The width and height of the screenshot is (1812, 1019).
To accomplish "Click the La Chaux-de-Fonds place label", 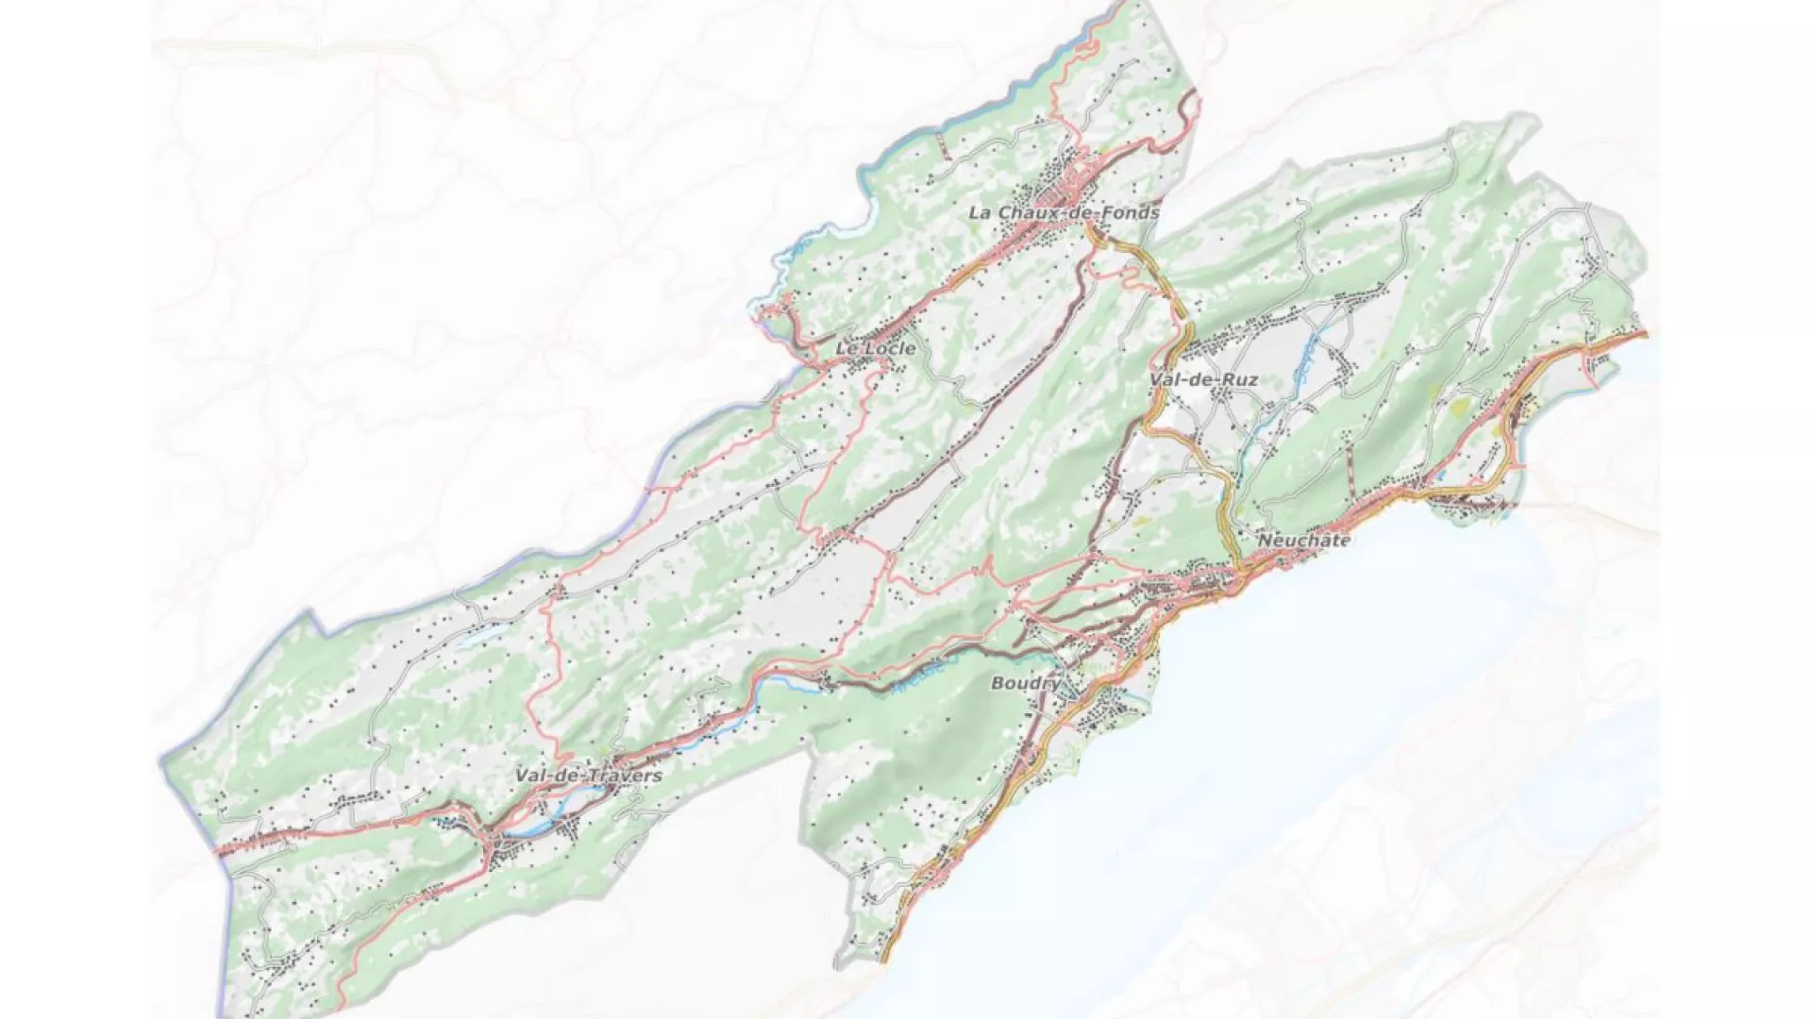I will (1064, 213).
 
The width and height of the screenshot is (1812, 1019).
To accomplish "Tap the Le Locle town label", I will (875, 349).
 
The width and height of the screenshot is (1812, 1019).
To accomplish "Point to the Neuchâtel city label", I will (1303, 541).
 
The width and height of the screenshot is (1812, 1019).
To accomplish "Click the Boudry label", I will (1025, 683).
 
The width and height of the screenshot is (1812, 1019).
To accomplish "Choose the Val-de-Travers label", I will (588, 776).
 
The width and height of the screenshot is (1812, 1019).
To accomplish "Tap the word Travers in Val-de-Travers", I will (625, 776).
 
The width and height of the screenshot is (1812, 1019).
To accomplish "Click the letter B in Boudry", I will (998, 683).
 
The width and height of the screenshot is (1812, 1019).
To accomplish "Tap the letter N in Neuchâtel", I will (1265, 541).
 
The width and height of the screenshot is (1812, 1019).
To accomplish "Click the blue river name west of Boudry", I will (911, 679).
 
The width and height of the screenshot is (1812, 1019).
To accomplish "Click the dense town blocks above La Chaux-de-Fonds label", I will (1076, 175).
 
